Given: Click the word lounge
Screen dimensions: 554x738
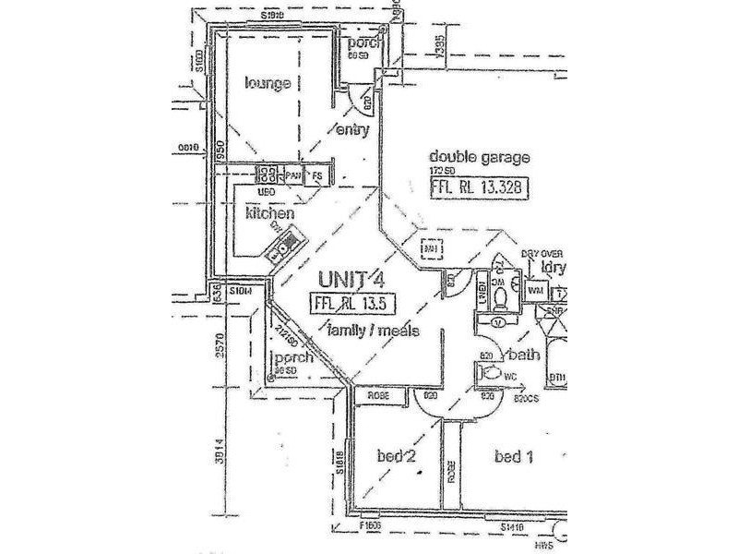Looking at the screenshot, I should pyautogui.click(x=268, y=84).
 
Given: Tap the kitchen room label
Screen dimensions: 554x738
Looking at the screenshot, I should pyautogui.click(x=269, y=213).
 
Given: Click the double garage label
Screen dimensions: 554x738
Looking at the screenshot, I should pyautogui.click(x=479, y=157).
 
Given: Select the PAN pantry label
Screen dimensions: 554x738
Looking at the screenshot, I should pyautogui.click(x=293, y=175).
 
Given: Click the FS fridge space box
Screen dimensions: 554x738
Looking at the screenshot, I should pyautogui.click(x=316, y=175).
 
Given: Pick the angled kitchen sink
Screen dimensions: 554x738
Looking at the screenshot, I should pyautogui.click(x=284, y=245).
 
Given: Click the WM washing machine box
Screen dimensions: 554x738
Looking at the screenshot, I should pyautogui.click(x=534, y=291).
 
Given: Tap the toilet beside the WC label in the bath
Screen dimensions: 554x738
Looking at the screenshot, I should pyautogui.click(x=492, y=373).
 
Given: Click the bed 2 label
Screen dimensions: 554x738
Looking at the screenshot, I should pyautogui.click(x=399, y=456).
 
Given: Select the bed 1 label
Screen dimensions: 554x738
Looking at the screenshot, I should pyautogui.click(x=515, y=456).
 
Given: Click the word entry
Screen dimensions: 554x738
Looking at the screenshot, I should pyautogui.click(x=352, y=129).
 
